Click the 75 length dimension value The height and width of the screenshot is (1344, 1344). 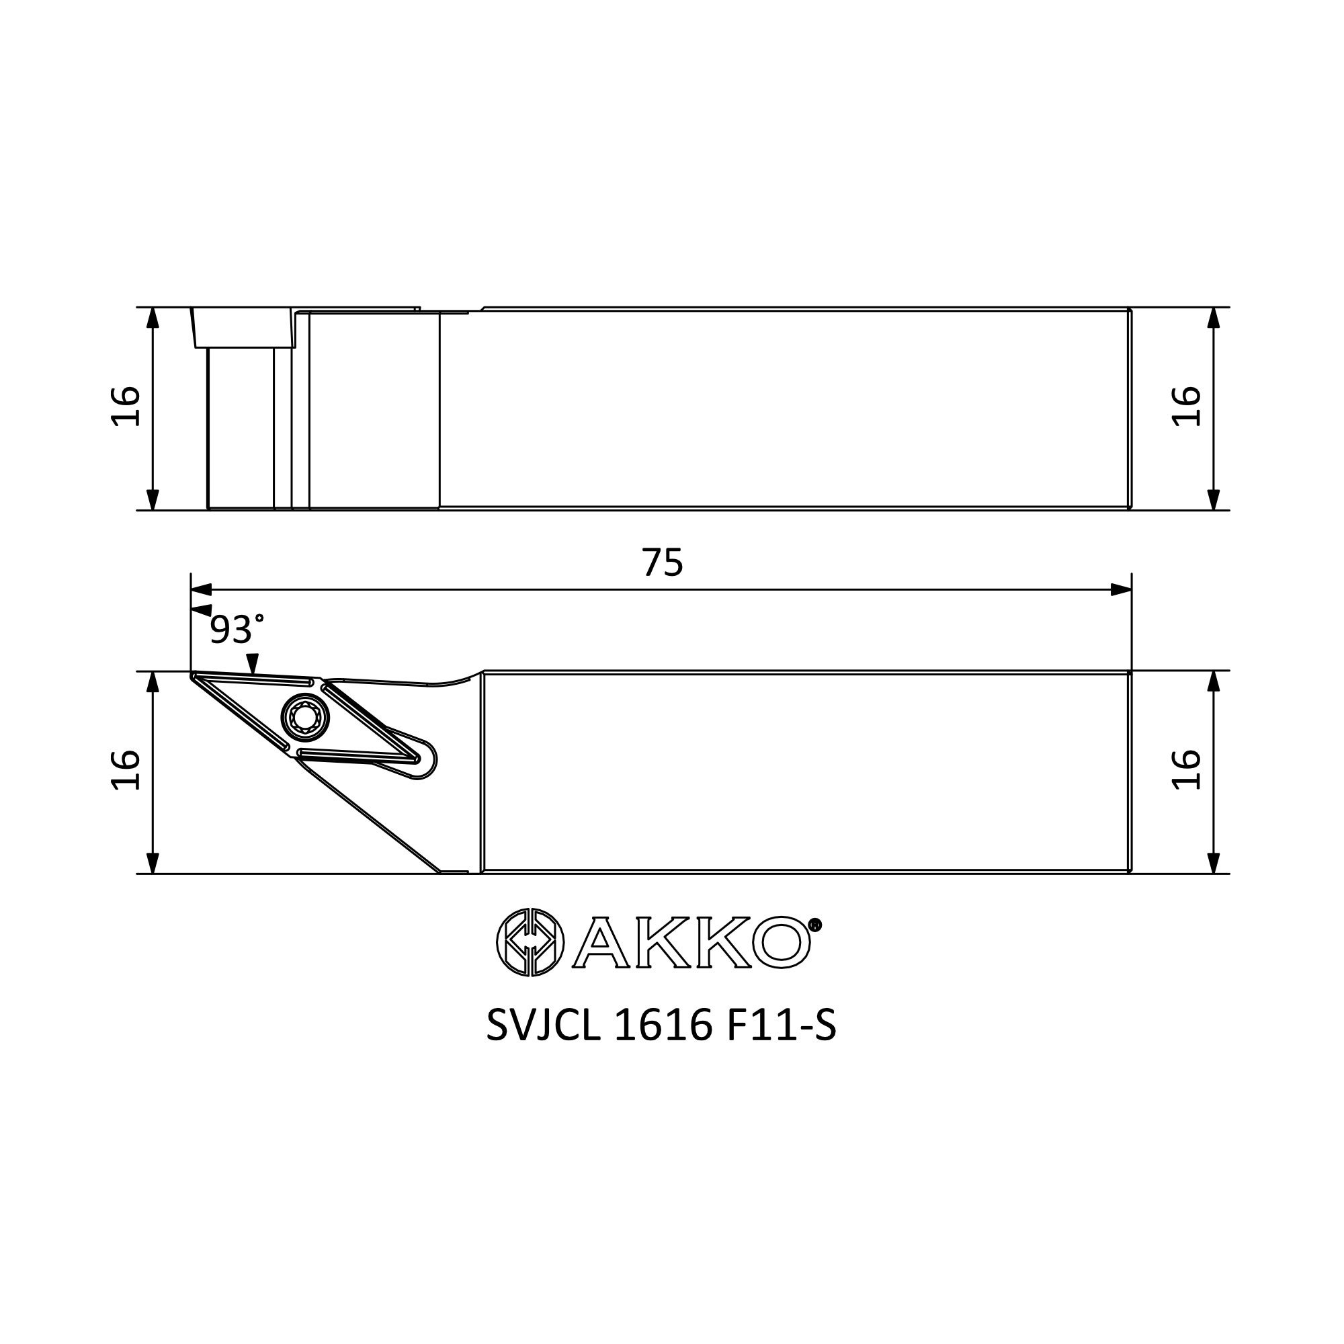point(663,562)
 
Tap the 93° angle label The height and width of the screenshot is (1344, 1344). point(237,630)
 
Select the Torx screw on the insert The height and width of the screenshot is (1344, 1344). point(304,717)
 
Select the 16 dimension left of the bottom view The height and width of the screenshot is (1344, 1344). point(126,769)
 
